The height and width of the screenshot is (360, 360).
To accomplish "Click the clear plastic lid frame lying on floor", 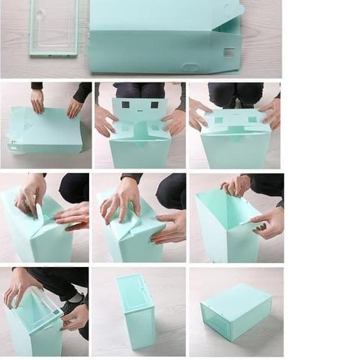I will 53,28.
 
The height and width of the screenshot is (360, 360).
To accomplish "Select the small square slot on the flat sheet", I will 229,52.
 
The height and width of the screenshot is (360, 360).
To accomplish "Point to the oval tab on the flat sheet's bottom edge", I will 190,67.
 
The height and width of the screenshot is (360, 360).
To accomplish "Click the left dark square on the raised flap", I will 126,105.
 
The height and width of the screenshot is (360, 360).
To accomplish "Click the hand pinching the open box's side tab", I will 269,221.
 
